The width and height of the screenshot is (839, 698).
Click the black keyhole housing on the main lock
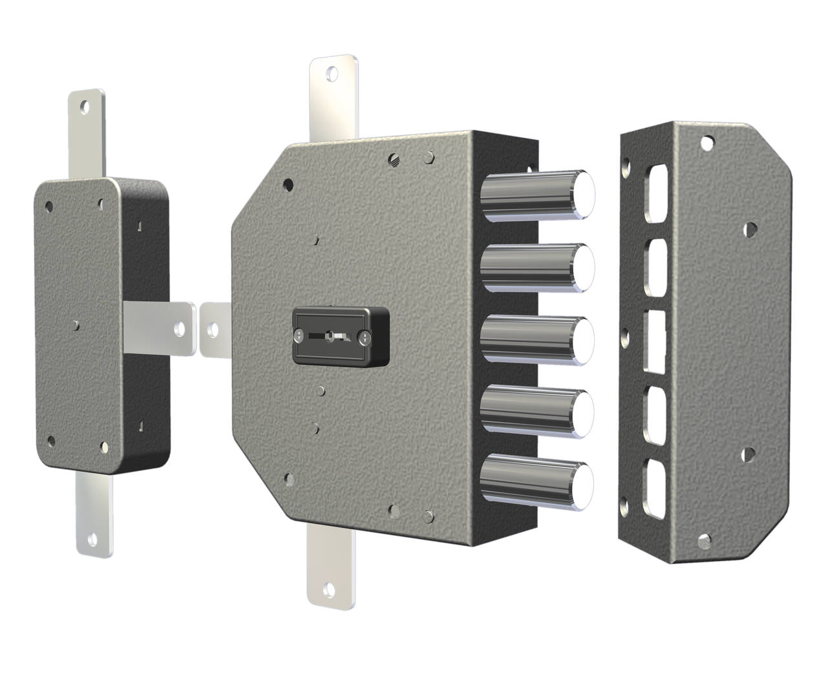341,337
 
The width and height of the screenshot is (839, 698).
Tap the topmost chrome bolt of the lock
536,195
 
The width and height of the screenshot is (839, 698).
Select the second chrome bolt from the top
536,267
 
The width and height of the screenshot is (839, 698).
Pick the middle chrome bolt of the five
536,340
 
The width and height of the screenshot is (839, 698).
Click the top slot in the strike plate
655,193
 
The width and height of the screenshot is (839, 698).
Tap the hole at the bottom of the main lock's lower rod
330,589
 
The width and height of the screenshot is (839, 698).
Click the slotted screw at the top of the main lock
395,158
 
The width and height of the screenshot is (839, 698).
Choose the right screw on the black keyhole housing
365,337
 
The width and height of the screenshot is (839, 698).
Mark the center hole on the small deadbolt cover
76,324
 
